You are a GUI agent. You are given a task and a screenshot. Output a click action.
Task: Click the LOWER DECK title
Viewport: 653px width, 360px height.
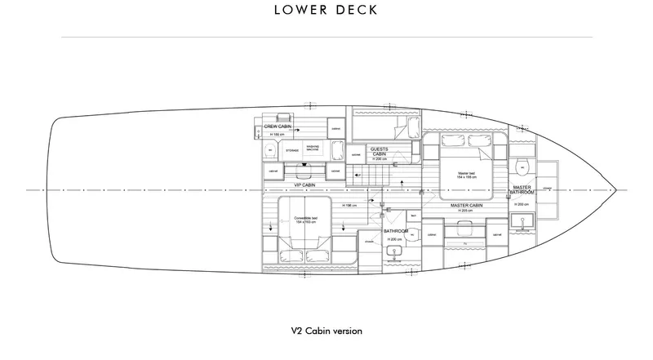pyautogui.click(x=326, y=11)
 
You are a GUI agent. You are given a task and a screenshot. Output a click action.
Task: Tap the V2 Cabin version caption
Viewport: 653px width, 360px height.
pyautogui.click(x=326, y=331)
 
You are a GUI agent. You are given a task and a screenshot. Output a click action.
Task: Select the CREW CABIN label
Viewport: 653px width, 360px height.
pyautogui.click(x=278, y=127)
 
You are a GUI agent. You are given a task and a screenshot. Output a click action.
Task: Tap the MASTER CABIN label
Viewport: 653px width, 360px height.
pyautogui.click(x=467, y=205)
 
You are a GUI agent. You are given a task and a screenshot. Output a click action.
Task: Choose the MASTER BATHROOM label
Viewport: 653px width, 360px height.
pyautogui.click(x=522, y=191)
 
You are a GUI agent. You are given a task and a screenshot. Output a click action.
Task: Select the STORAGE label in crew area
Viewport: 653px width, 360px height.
pyautogui.click(x=291, y=150)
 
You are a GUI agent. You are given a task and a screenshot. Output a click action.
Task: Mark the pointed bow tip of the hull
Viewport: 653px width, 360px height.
pyautogui.click(x=614, y=190)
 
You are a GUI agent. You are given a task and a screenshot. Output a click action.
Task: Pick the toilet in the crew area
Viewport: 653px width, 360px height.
pyautogui.click(x=270, y=151)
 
